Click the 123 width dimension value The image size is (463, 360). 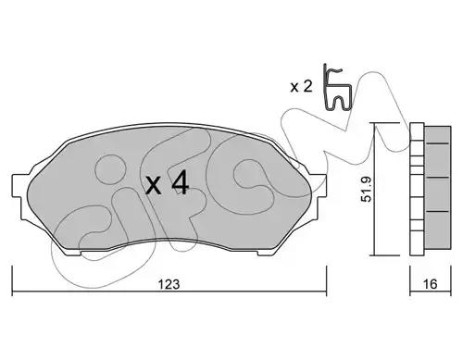[x=169, y=284]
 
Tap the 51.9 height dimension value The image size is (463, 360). [x=367, y=189]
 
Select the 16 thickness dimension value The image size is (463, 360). [x=431, y=284]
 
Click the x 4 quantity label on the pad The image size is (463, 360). [x=167, y=183]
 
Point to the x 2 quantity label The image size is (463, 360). [x=302, y=87]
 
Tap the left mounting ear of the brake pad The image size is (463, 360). [x=18, y=185]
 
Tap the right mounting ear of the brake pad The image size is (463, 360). [x=320, y=185]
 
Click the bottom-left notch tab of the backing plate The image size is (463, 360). [x=73, y=252]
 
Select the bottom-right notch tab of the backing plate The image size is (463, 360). [x=266, y=252]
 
